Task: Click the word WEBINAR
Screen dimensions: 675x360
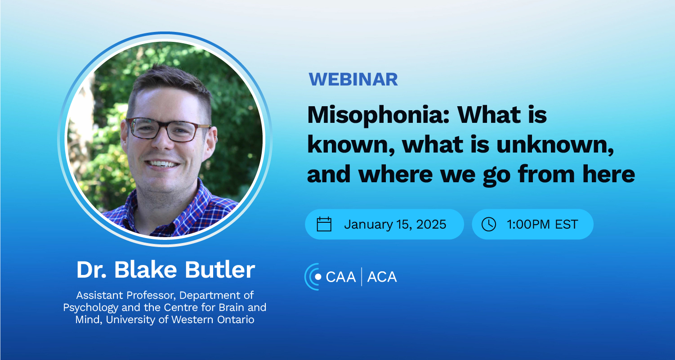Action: [x=353, y=79]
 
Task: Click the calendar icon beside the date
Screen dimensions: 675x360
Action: [x=324, y=224]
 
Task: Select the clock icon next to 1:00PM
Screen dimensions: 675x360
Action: [x=488, y=224]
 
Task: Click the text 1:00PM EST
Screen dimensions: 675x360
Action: [x=542, y=224]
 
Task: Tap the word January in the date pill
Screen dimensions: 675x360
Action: [x=368, y=225]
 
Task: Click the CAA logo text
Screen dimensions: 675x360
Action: [x=340, y=277]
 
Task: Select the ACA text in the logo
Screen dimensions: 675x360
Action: [x=382, y=277]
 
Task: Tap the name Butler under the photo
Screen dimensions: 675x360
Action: [x=220, y=269]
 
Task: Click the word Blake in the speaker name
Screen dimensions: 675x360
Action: [x=145, y=269]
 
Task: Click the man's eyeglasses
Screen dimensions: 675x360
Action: [x=169, y=130]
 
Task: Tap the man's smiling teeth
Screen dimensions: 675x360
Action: [x=162, y=164]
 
